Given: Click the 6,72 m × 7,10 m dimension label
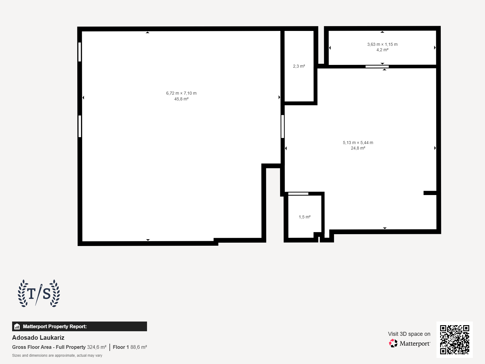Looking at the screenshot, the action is click(x=181, y=93).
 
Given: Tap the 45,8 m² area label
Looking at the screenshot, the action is click(x=181, y=99).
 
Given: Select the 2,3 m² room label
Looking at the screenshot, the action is click(x=299, y=66).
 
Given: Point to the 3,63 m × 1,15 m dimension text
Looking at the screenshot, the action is click(x=382, y=44).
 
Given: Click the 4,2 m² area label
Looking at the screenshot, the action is click(x=382, y=50).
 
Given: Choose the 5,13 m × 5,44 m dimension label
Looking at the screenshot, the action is click(x=358, y=143).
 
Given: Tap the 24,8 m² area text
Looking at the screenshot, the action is click(x=358, y=148).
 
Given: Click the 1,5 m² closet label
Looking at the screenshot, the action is click(x=304, y=217).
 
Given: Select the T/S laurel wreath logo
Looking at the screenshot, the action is click(x=39, y=293).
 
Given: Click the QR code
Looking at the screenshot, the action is click(x=454, y=339).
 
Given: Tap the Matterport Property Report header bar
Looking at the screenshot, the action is click(x=79, y=326).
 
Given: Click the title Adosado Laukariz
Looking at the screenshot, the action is click(x=38, y=338).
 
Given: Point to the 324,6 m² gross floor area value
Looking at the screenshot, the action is click(x=97, y=347).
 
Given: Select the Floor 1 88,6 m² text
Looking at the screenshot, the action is click(x=130, y=347).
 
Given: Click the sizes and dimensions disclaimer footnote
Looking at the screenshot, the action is click(x=57, y=356).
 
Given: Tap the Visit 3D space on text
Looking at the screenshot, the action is click(x=409, y=334).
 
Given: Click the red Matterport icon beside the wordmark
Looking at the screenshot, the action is click(x=393, y=343).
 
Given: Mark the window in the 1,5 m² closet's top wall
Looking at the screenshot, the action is click(x=298, y=194).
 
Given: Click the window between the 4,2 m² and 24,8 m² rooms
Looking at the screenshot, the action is click(x=377, y=66).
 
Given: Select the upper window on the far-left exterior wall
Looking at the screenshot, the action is click(x=80, y=52).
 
